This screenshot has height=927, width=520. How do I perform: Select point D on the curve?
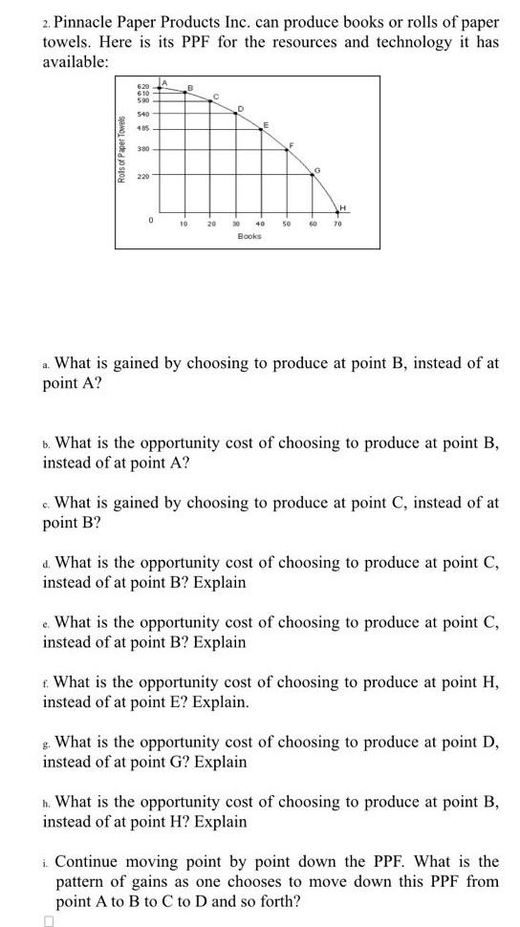pyautogui.click(x=237, y=112)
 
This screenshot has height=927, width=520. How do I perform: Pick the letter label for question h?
pyautogui.click(x=47, y=802)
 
